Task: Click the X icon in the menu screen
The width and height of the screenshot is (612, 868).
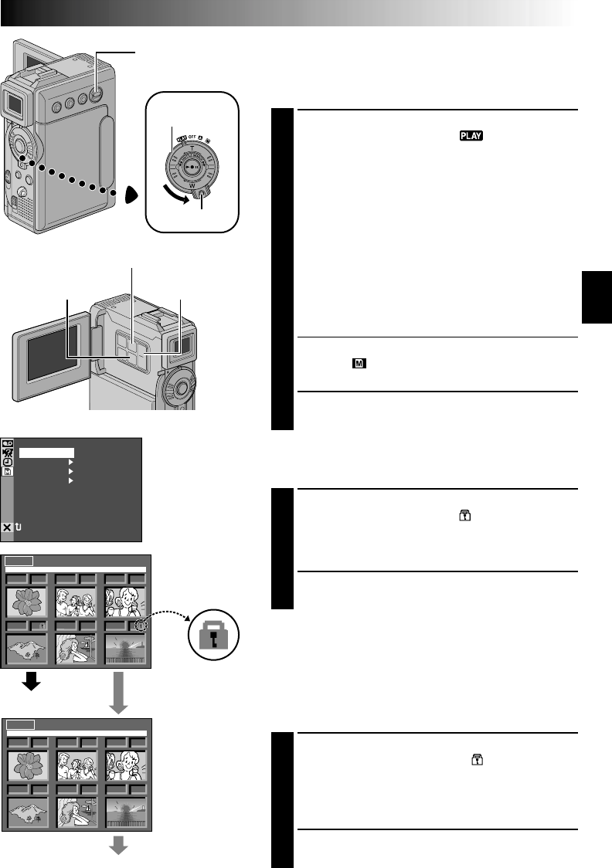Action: pos(8,527)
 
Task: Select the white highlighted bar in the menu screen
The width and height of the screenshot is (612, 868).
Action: pos(46,453)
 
